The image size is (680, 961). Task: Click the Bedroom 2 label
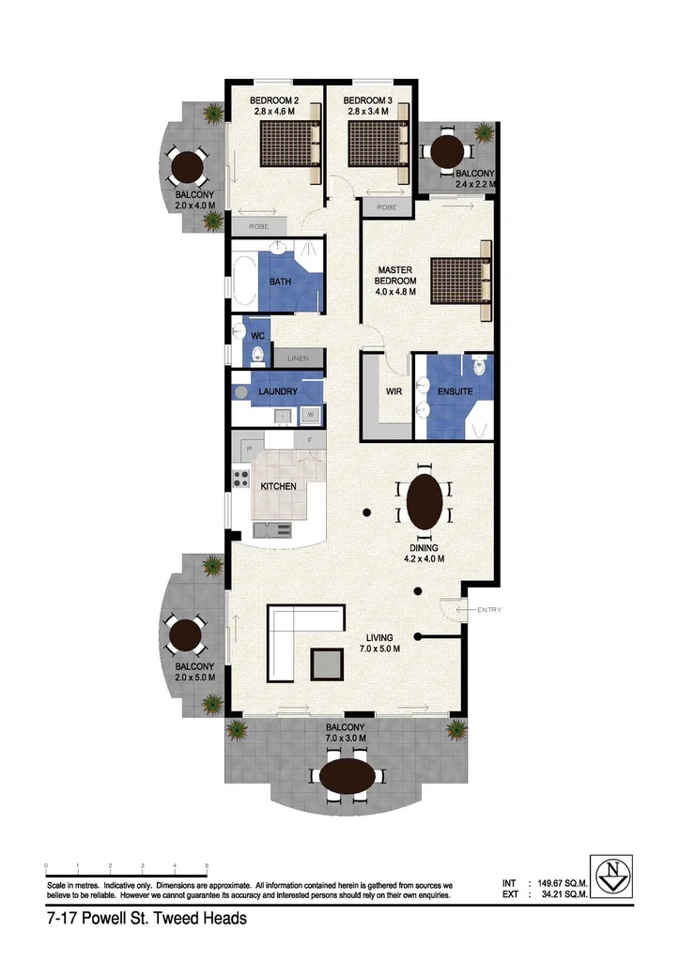pyautogui.click(x=274, y=100)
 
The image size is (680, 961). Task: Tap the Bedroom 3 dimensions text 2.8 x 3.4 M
pyautogui.click(x=369, y=113)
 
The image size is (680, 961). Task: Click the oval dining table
pyautogui.click(x=425, y=501)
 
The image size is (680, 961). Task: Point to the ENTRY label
pyautogui.click(x=489, y=611)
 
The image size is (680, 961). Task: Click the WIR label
pyautogui.click(x=394, y=391)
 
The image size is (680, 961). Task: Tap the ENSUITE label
pyautogui.click(x=454, y=391)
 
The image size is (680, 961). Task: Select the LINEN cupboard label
pyautogui.click(x=298, y=358)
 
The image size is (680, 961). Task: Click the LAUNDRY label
pyautogui.click(x=278, y=391)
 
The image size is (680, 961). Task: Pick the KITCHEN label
pyautogui.click(x=278, y=486)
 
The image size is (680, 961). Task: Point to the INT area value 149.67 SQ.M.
pyautogui.click(x=562, y=883)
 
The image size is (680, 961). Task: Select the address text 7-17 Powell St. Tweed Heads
pyautogui.click(x=147, y=919)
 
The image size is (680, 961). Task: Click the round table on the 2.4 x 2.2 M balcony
pyautogui.click(x=447, y=151)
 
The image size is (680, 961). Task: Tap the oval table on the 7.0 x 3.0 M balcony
pyautogui.click(x=350, y=777)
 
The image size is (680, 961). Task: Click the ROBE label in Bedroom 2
pyautogui.click(x=258, y=226)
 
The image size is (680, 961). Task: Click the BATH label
pyautogui.click(x=280, y=282)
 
